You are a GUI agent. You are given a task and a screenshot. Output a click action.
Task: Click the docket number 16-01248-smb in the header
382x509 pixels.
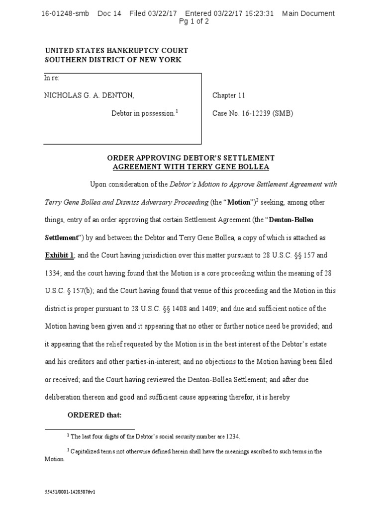65,13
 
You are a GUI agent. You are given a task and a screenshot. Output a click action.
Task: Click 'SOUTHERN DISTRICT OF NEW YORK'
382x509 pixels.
113,60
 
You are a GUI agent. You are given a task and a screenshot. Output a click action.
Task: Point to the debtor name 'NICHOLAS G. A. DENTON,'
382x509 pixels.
89,95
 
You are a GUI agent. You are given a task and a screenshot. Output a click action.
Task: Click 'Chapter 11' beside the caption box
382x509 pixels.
229,95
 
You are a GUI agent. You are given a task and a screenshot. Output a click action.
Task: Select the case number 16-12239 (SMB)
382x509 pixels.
253,113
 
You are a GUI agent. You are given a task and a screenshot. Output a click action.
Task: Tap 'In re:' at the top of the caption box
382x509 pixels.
52,78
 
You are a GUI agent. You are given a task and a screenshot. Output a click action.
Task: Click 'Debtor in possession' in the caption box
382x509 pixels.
143,113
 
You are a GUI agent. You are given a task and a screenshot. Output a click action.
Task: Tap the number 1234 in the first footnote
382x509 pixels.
232,436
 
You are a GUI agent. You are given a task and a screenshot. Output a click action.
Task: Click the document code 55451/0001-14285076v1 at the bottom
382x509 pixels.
70,492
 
